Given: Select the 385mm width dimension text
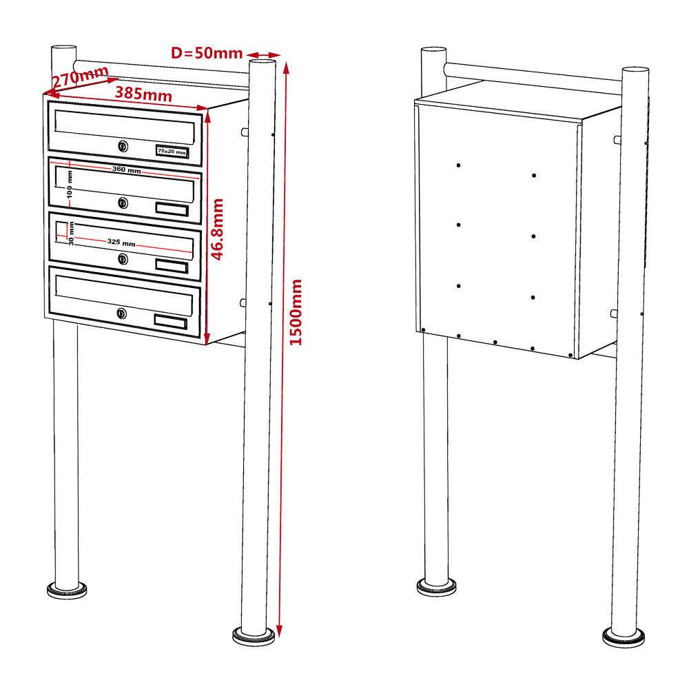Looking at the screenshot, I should coord(143,94).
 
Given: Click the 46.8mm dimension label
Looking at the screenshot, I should coord(218,229).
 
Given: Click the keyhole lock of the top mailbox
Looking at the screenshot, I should coord(123,146).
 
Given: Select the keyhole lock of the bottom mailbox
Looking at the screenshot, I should coord(123,313).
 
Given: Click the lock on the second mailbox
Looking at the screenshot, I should coord(123,203).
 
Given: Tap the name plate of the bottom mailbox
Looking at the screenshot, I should coord(171,320).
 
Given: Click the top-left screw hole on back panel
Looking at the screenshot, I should coord(457,165).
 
